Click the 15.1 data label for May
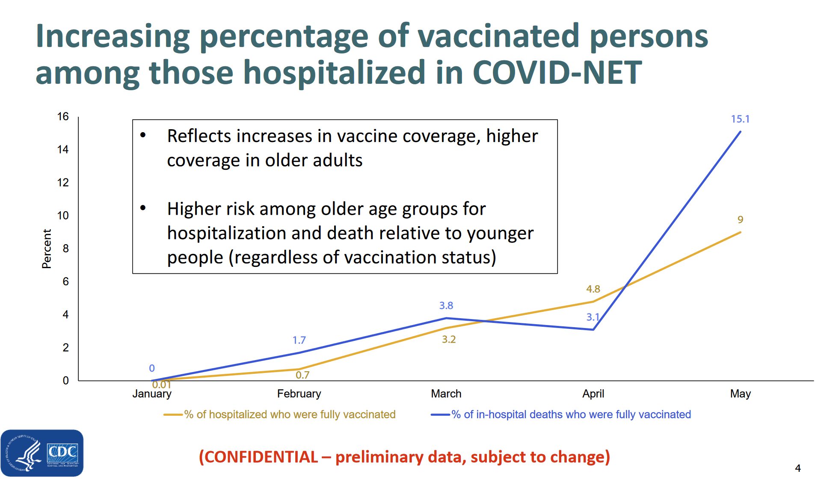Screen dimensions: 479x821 [x=740, y=119]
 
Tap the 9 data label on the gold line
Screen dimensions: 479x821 [x=740, y=219]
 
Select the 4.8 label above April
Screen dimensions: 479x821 [x=593, y=289]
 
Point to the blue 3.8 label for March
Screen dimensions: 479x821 [x=446, y=305]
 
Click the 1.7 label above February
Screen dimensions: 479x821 [x=299, y=340]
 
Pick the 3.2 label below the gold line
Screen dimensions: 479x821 [x=448, y=340]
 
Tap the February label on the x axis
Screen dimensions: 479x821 [x=299, y=393]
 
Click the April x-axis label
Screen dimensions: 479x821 [x=593, y=393]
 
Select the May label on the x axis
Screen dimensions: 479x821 [x=740, y=393]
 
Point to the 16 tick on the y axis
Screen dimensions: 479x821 [x=63, y=116]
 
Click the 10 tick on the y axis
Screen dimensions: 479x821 [x=63, y=216]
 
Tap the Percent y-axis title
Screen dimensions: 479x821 [x=46, y=248]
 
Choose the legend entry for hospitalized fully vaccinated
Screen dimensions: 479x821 [x=289, y=414]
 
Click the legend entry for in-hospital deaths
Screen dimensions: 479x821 [x=571, y=414]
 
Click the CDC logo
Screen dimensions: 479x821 [x=42, y=453]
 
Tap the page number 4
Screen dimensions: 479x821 [x=797, y=468]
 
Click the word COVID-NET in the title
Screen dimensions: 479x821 [x=557, y=72]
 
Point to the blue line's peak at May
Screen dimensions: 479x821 [x=740, y=132]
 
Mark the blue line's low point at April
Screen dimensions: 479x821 [x=593, y=329]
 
